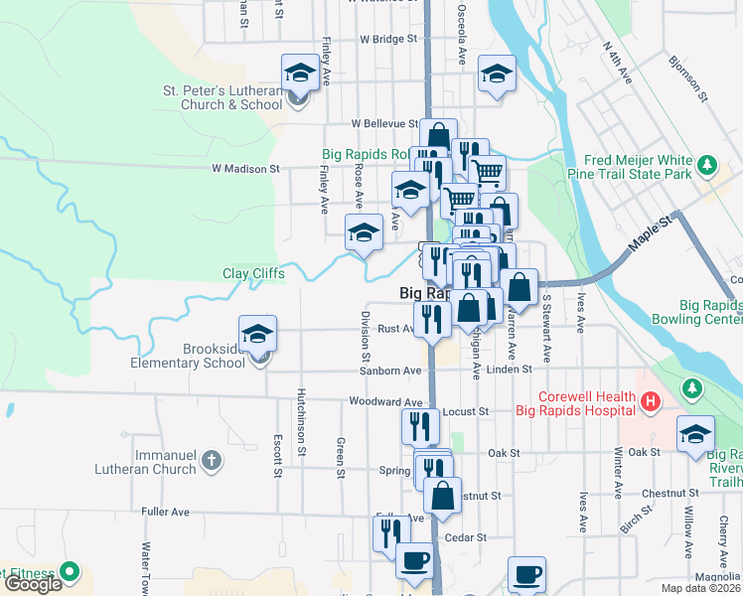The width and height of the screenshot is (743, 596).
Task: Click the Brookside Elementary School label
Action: [x=188, y=356]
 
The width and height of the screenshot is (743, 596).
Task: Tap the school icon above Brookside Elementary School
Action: [x=257, y=334]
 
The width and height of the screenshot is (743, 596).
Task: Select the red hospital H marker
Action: [x=650, y=401]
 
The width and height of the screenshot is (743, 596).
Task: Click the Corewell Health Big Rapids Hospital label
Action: [x=574, y=401]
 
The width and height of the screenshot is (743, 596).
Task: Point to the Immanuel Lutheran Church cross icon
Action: [x=211, y=460]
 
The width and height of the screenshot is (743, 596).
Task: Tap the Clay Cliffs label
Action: [x=254, y=273]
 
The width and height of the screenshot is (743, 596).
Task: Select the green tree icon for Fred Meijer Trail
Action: [x=707, y=164]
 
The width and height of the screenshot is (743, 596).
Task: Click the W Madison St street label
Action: [x=246, y=169]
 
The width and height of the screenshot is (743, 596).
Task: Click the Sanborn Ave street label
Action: [x=391, y=371]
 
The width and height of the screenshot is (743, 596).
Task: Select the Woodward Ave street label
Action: [x=386, y=402]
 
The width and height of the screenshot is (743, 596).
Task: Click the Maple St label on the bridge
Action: [x=650, y=237]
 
